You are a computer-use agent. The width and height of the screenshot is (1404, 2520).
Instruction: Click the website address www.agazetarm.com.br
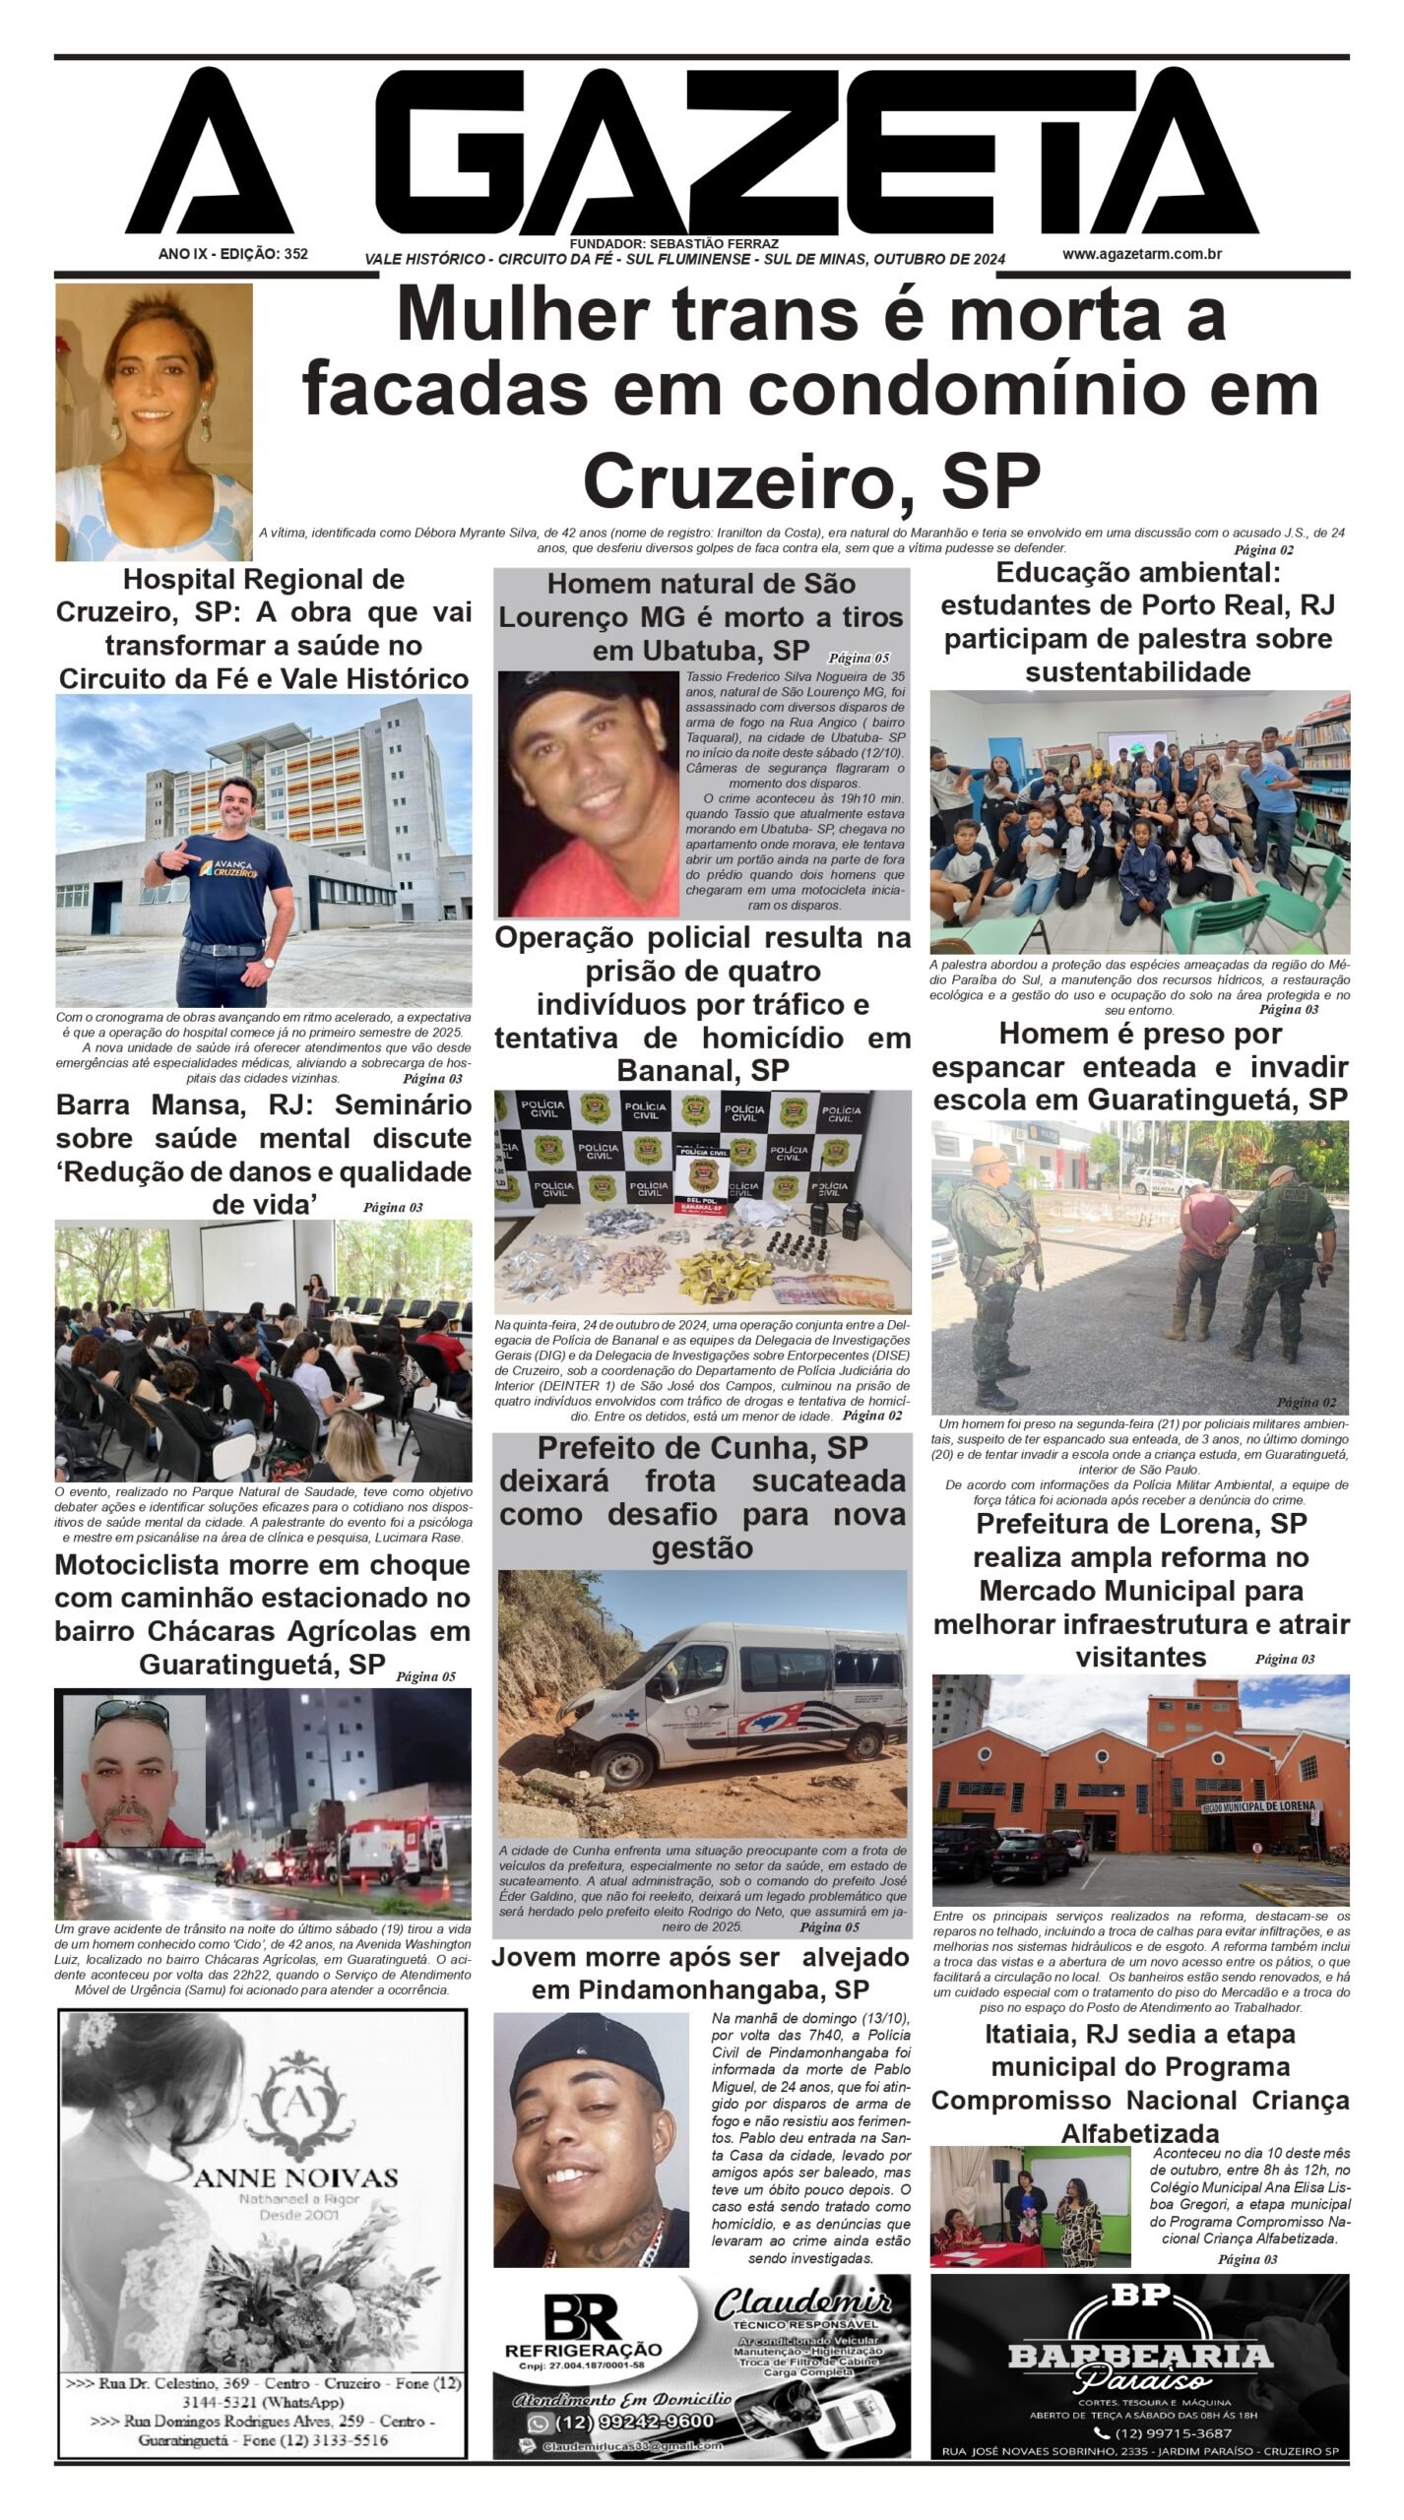click(1141, 254)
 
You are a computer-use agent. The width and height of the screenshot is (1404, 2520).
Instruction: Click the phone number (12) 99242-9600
click(634, 2421)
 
